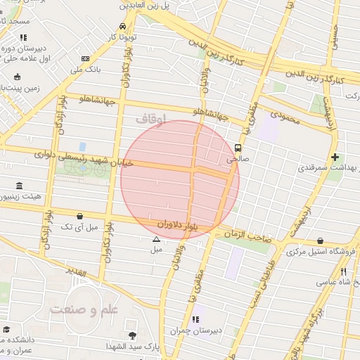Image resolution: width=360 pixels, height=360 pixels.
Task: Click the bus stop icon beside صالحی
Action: tap(238, 148)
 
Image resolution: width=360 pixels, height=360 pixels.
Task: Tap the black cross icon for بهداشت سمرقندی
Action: tap(335, 157)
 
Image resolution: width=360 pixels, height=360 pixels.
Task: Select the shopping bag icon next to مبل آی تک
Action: tap(79, 216)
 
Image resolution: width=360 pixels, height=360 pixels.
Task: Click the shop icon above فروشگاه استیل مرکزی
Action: tap(321, 240)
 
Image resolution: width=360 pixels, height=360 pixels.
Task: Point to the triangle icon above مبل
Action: tap(156, 239)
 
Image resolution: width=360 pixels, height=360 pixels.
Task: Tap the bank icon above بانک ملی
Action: tap(85, 59)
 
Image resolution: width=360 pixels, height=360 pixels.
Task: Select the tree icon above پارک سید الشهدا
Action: tap(131, 335)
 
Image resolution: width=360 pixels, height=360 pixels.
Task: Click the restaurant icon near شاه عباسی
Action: tap(344, 271)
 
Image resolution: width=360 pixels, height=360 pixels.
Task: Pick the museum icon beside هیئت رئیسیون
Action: tap(18, 186)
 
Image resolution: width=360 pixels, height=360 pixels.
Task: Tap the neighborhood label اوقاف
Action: tap(150, 120)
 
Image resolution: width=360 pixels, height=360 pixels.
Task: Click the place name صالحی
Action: tap(233, 160)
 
